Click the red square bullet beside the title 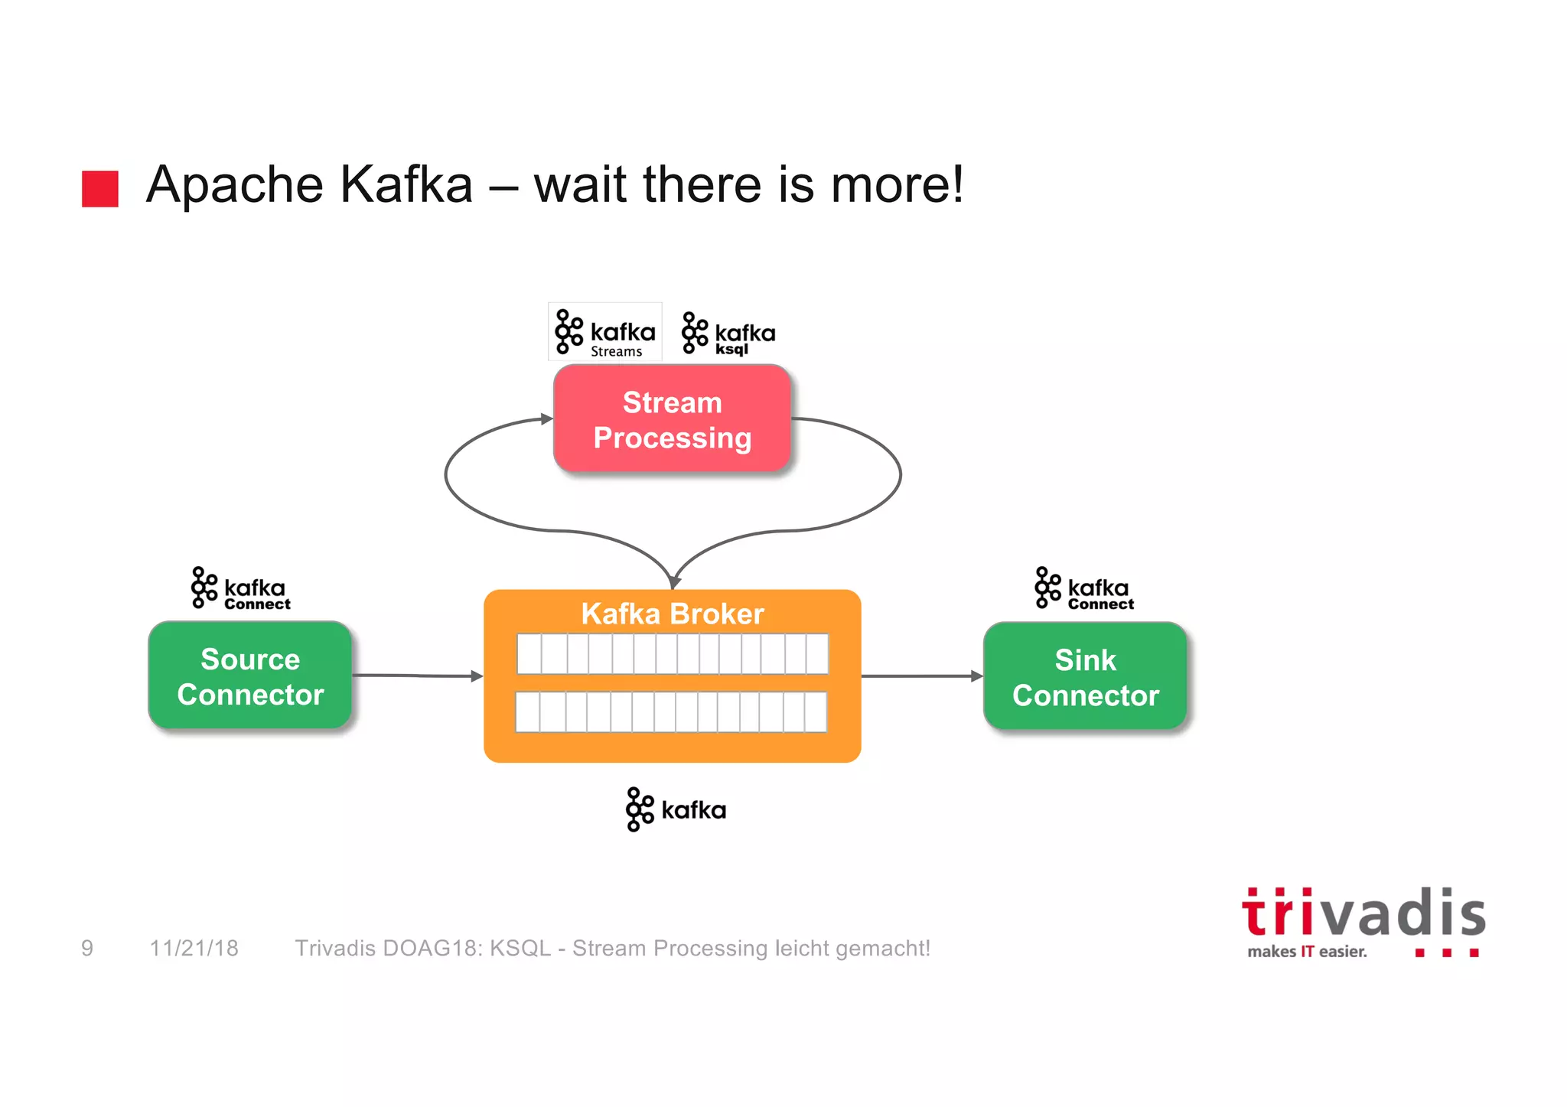tap(100, 188)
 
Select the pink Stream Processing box tap(672, 419)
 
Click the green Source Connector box tap(250, 676)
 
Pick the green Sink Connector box tap(1085, 677)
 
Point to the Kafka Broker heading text tap(672, 614)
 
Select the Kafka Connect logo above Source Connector tap(241, 589)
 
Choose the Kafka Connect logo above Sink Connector tap(1084, 589)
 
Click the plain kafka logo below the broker tap(676, 809)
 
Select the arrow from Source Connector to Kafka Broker tap(417, 676)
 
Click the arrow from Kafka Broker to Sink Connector tap(922, 676)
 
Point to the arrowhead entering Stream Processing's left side tap(546, 418)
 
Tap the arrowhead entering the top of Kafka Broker tap(673, 582)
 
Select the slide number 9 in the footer tap(87, 949)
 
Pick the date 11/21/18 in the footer tap(194, 949)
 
